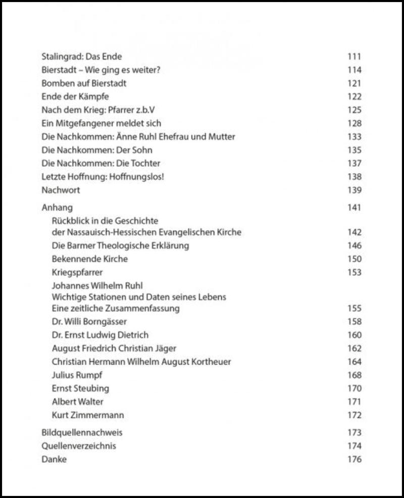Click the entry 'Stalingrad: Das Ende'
point(81,57)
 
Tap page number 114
point(355,70)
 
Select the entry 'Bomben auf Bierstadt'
point(84,83)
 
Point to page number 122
point(355,97)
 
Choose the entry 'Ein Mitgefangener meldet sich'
point(101,123)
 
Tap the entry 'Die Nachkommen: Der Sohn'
point(96,150)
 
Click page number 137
point(355,164)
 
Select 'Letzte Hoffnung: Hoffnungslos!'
point(103,177)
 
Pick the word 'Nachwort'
point(61,190)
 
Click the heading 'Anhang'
point(57,208)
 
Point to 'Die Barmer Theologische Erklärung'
point(120,246)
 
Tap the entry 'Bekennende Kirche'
point(90,259)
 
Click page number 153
point(355,273)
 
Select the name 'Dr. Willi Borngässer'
point(89,322)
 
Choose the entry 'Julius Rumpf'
point(77,375)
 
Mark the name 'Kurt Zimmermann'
point(88,415)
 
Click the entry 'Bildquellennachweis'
point(82,433)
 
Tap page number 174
point(355,446)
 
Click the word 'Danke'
point(54,460)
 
